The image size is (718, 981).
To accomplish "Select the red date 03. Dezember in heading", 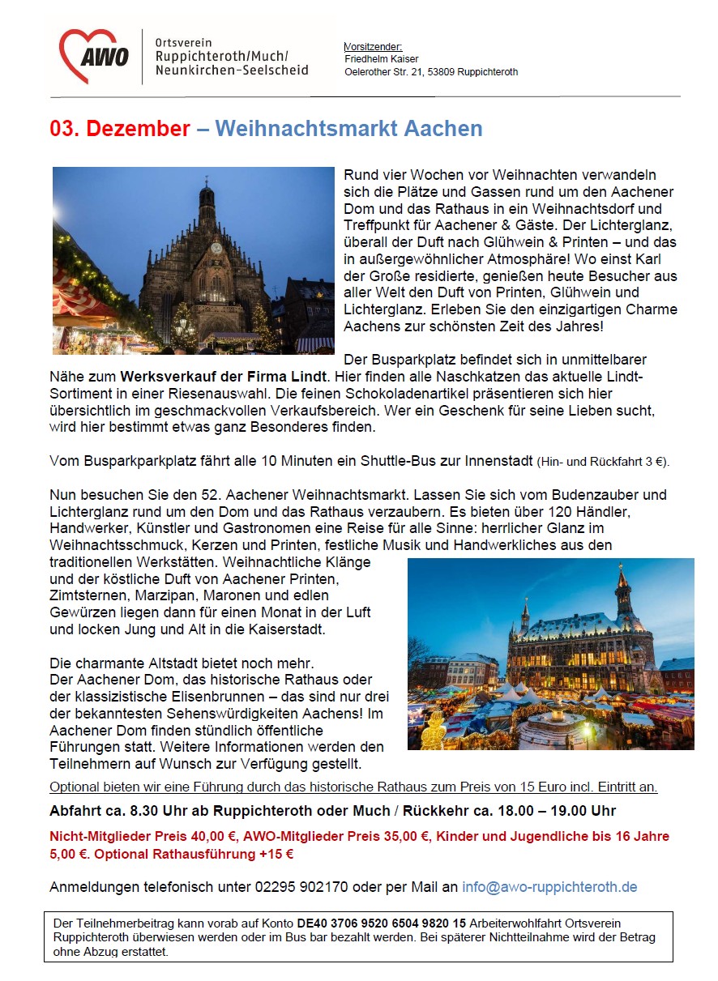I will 120,129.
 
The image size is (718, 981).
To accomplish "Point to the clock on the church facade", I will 216,249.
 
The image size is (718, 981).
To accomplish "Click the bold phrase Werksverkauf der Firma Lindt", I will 224,376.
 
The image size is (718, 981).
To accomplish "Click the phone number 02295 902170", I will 299,887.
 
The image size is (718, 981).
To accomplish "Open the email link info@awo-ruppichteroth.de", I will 549,887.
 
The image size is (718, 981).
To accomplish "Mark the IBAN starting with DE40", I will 382,923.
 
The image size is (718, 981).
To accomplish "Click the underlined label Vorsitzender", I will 374,47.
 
